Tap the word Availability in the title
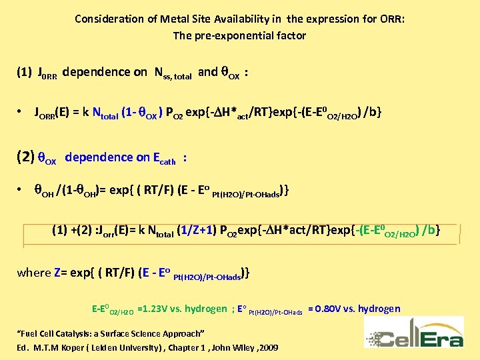coord(251,19)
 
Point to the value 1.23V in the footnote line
coord(159,309)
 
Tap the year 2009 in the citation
coord(267,348)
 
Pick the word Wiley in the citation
coord(237,348)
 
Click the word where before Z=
coord(34,272)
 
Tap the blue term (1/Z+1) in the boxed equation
coord(199,231)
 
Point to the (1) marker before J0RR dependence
coord(24,72)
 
